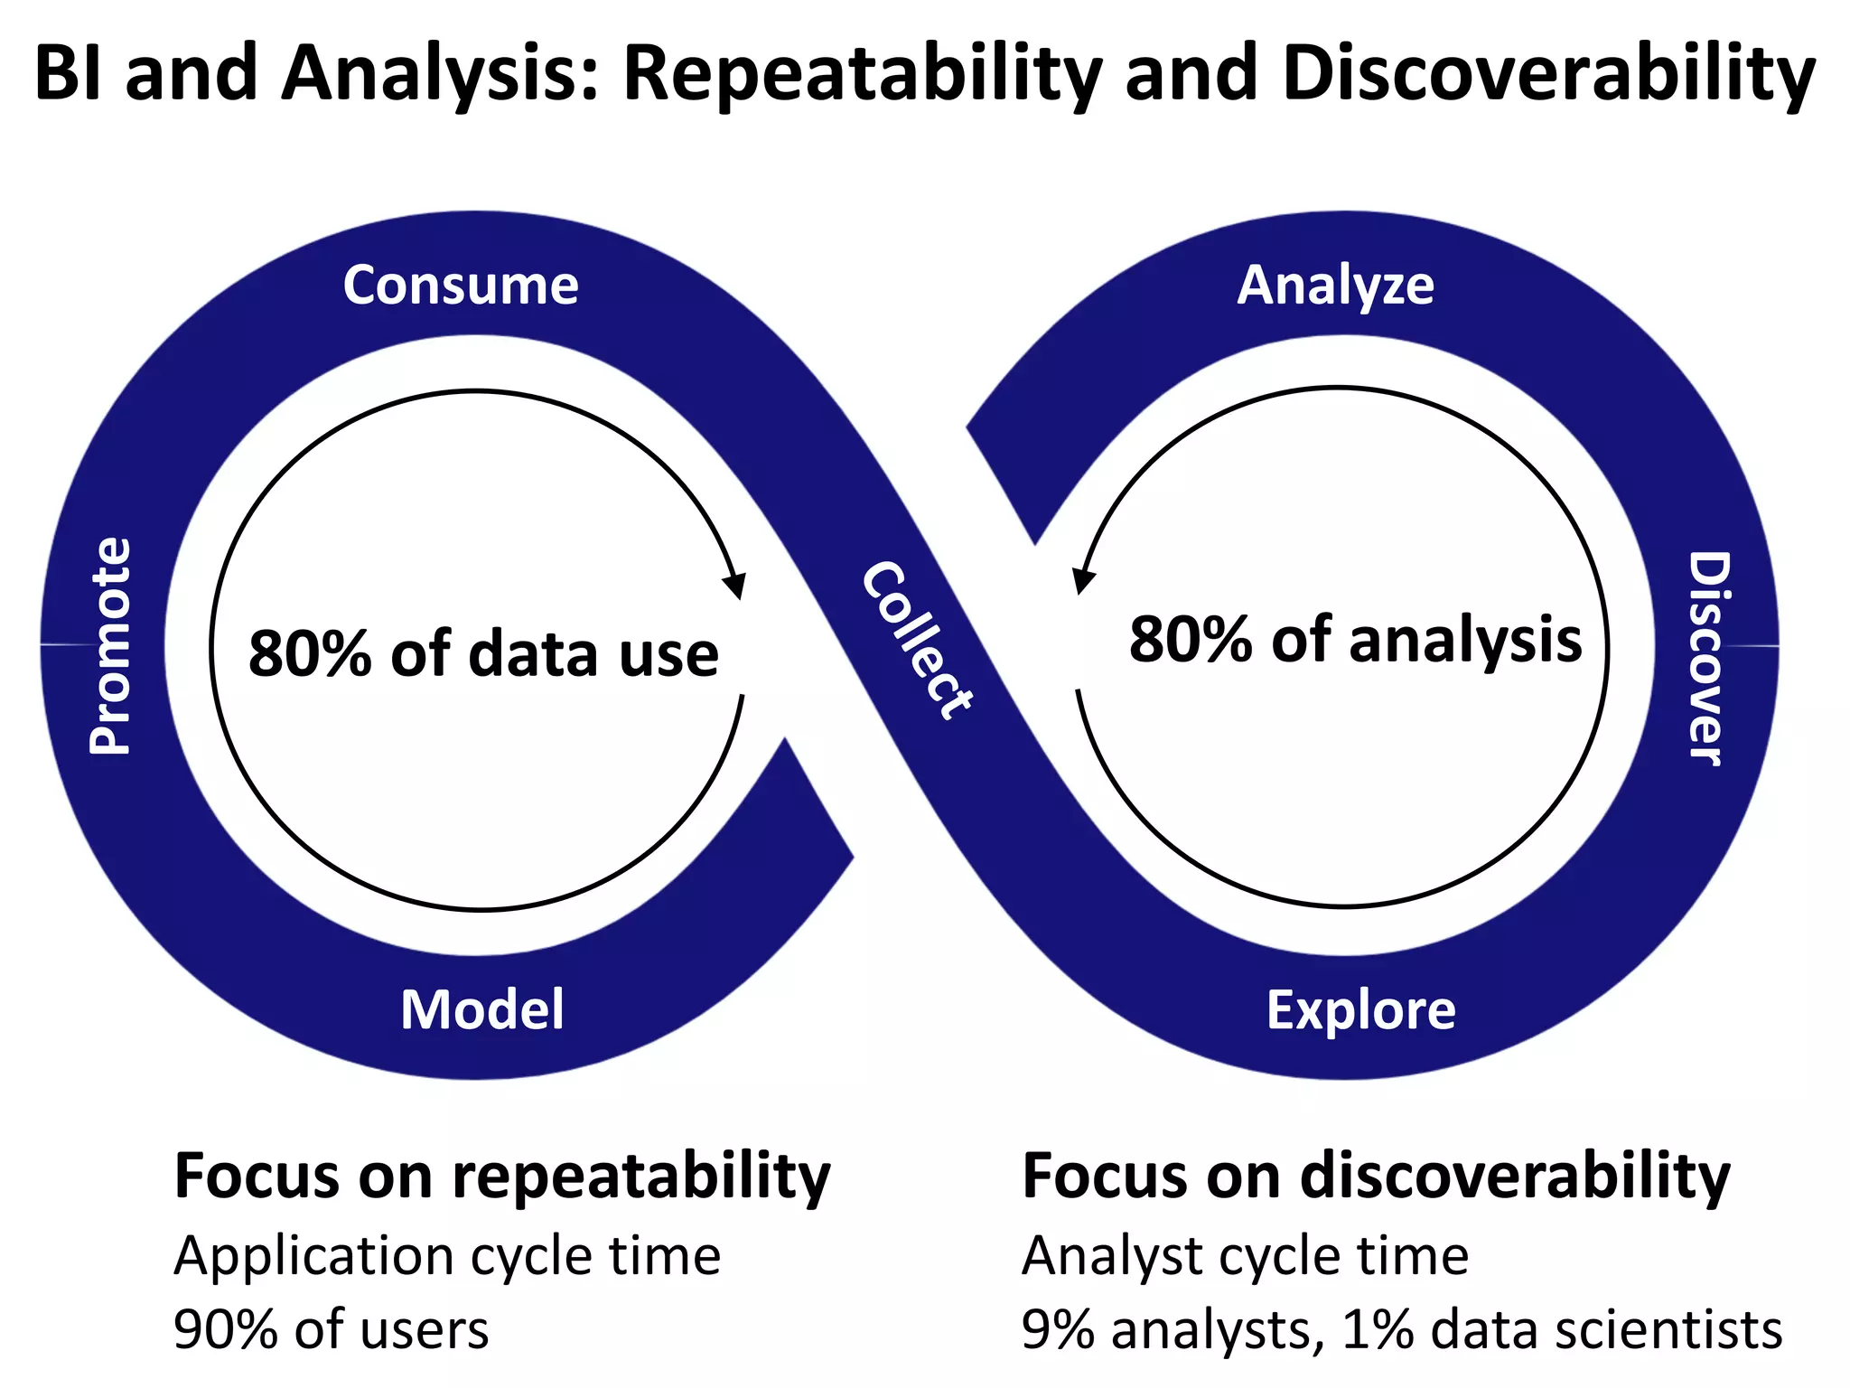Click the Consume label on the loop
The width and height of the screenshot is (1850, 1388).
coord(461,286)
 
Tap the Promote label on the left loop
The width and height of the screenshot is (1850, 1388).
coord(111,646)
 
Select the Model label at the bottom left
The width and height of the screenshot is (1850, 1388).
coord(482,1009)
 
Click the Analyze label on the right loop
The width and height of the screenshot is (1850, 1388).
coord(1335,286)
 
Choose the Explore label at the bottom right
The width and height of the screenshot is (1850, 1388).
coord(1360,1009)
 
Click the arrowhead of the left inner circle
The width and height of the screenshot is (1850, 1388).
coord(736,585)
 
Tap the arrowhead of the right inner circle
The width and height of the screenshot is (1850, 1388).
coord(1082,580)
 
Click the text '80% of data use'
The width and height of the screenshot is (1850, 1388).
coord(483,653)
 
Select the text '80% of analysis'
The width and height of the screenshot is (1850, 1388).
coord(1355,640)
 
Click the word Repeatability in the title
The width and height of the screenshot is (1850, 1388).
coord(863,74)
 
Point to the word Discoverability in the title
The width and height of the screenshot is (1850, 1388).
coord(1548,74)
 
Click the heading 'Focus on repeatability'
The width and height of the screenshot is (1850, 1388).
coord(501,1177)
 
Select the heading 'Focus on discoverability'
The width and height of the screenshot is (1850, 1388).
coord(1375,1177)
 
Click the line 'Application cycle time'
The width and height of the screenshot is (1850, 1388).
coord(447,1256)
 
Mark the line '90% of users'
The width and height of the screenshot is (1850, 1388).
coord(331,1330)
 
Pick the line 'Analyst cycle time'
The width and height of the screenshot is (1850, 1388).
coord(1245,1256)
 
